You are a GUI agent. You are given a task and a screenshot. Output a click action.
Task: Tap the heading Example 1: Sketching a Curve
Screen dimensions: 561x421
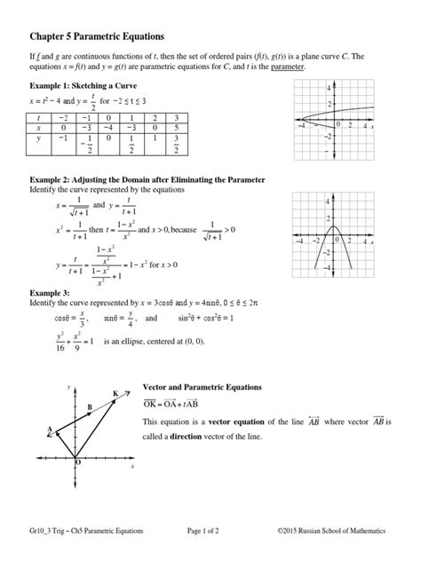tap(88, 85)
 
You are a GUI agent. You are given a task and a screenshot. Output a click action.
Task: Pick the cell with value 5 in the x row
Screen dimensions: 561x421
tap(179, 128)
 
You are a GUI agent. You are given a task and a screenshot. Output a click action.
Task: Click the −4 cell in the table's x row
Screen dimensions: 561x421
tap(107, 128)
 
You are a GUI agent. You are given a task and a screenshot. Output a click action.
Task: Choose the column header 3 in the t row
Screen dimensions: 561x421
tap(179, 117)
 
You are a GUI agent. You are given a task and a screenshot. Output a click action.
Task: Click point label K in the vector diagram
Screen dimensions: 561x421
tap(115, 392)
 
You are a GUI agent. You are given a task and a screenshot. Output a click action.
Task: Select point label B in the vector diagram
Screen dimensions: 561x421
tap(89, 407)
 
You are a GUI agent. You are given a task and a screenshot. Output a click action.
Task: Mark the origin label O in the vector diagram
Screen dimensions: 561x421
tap(76, 462)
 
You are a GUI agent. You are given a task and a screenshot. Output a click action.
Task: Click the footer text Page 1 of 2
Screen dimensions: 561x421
tap(210, 530)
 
